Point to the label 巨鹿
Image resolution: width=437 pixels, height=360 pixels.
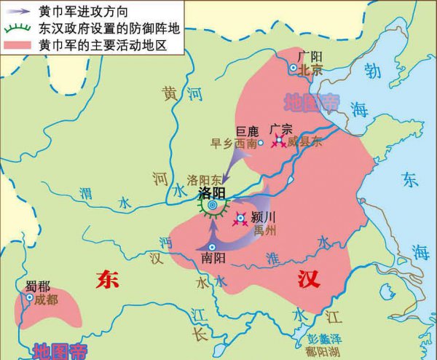pyautogui.click(x=248, y=131)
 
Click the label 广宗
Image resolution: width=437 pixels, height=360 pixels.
pyautogui.click(x=281, y=130)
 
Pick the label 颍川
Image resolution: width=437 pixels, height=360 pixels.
pyautogui.click(x=263, y=217)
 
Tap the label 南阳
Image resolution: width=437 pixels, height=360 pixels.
pyautogui.click(x=212, y=257)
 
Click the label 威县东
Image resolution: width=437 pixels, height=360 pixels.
pyautogui.click(x=302, y=143)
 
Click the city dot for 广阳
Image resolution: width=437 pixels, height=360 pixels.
pyautogui.click(x=294, y=68)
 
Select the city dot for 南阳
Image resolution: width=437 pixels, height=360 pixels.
pyautogui.click(x=212, y=246)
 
